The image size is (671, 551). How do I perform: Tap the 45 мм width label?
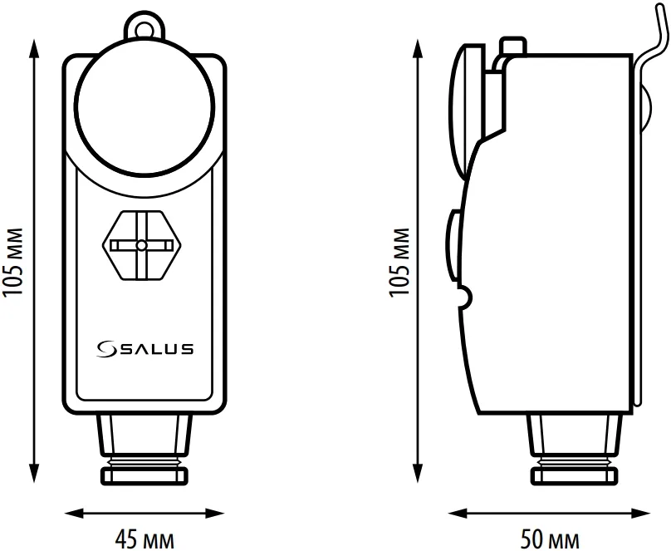144,539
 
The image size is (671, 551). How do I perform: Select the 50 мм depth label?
550,539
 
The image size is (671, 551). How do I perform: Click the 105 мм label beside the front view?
12,262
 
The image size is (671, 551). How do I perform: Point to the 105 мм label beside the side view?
399,262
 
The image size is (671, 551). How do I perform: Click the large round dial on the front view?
144,106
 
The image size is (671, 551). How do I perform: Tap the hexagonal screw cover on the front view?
142,245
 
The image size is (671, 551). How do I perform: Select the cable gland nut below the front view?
144,475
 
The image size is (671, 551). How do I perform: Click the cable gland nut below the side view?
575,475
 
